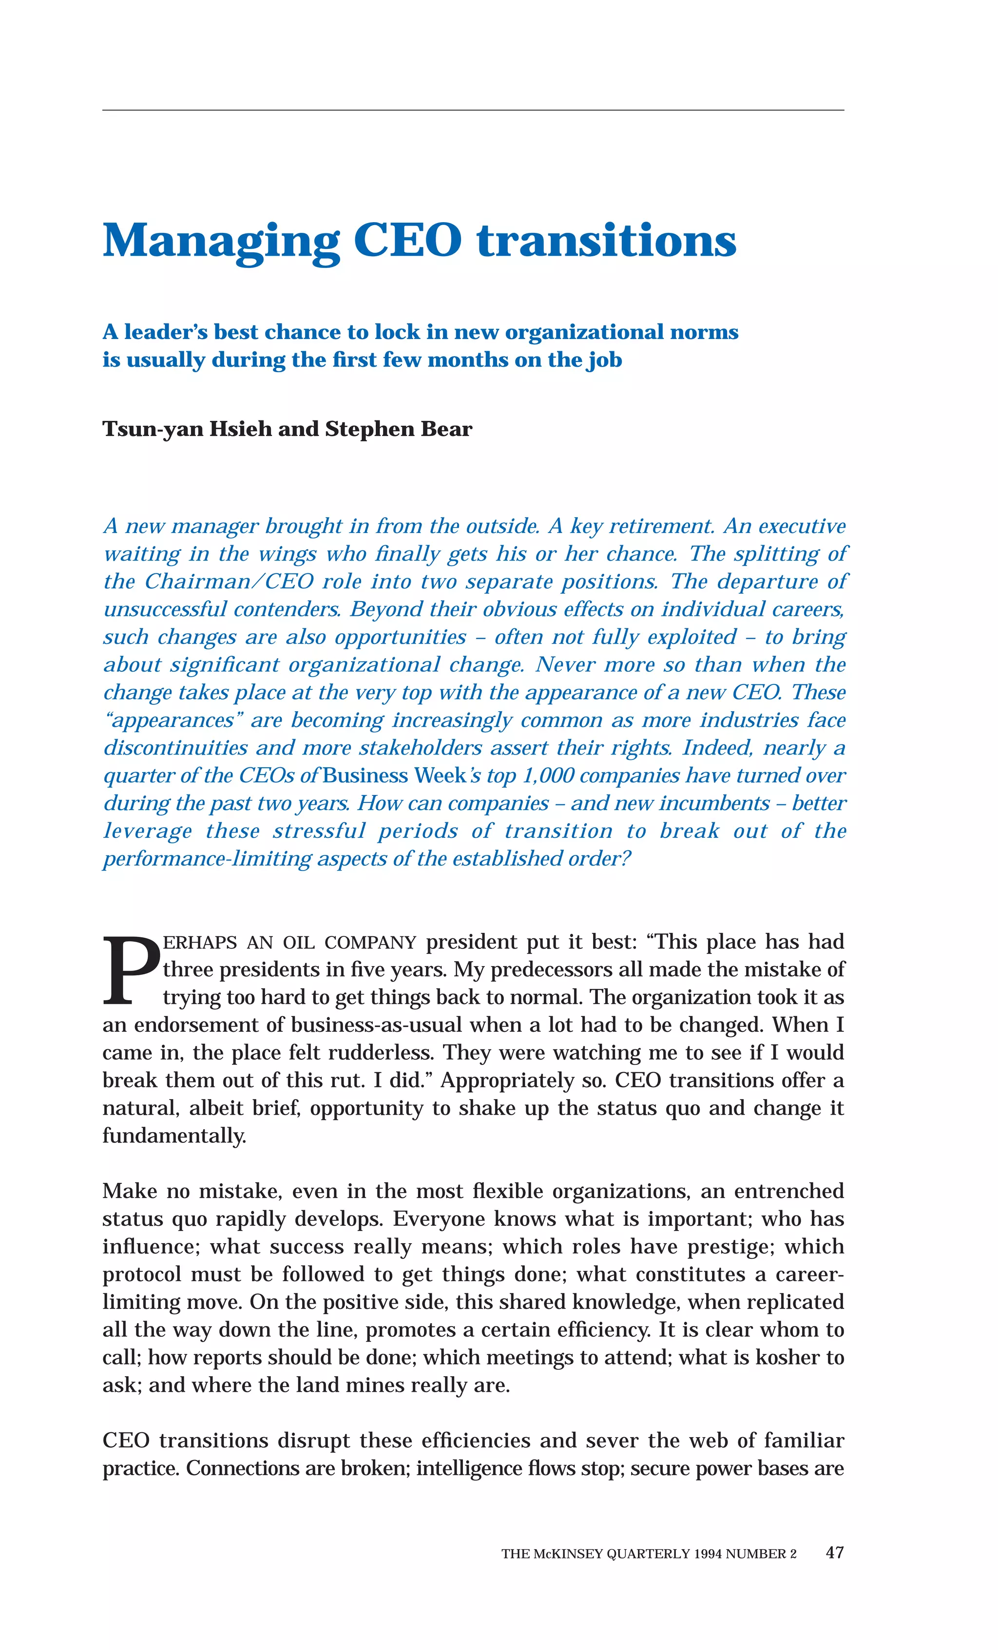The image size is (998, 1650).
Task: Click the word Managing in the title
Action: pyautogui.click(x=221, y=241)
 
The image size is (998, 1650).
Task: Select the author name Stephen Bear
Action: pyautogui.click(x=399, y=429)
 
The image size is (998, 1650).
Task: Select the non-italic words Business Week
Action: pyautogui.click(x=394, y=776)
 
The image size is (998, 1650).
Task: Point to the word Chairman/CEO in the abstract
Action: pyautogui.click(x=229, y=581)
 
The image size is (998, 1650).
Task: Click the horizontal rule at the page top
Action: pyautogui.click(x=473, y=110)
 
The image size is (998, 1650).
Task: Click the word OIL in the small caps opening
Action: pyautogui.click(x=298, y=943)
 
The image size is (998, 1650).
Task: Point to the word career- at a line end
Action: pyautogui.click(x=808, y=1273)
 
